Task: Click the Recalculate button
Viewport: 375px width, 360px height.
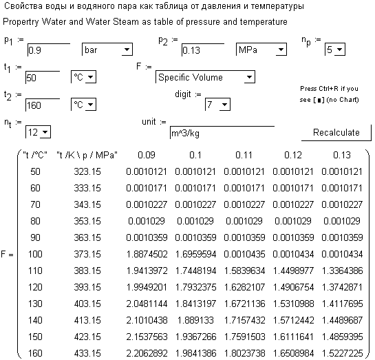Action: click(x=336, y=133)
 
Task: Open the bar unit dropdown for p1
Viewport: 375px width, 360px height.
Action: click(x=107, y=50)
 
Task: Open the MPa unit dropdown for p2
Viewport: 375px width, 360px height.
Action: click(x=261, y=50)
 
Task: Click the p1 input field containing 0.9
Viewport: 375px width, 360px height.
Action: click(x=49, y=50)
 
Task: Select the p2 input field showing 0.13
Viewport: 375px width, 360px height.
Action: click(x=203, y=50)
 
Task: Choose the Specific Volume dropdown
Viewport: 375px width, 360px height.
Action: click(x=205, y=77)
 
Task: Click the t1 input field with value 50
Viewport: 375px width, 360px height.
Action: click(x=43, y=78)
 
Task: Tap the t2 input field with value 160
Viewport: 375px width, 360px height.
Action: click(x=43, y=105)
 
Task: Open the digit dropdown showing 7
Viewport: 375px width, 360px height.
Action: click(x=217, y=105)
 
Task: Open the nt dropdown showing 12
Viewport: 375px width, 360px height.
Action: click(x=38, y=132)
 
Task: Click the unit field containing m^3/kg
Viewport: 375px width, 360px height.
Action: click(x=222, y=133)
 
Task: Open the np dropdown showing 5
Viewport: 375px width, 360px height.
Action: click(x=335, y=50)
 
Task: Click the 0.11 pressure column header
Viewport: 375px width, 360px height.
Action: click(x=244, y=156)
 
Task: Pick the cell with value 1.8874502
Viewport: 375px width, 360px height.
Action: click(x=147, y=254)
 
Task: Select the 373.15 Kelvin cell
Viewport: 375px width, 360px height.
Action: click(x=87, y=254)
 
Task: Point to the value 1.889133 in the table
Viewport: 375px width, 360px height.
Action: click(x=195, y=320)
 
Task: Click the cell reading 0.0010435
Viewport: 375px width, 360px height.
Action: click(x=244, y=254)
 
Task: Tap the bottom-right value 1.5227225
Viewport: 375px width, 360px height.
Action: click(x=342, y=353)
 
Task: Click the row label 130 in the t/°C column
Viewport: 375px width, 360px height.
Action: click(x=35, y=304)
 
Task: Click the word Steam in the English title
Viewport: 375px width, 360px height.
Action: click(x=126, y=22)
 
